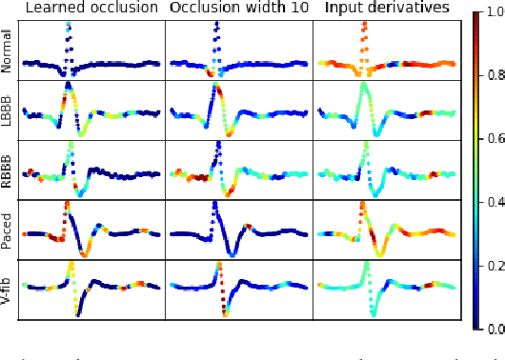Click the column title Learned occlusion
tap(91, 9)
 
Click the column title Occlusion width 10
tap(237, 9)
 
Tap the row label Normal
tap(9, 50)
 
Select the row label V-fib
tap(9, 290)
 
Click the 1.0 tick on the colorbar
tap(494, 15)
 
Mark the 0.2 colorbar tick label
tap(494, 267)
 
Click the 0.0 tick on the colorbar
tap(494, 329)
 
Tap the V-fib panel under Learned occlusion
tap(91, 290)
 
